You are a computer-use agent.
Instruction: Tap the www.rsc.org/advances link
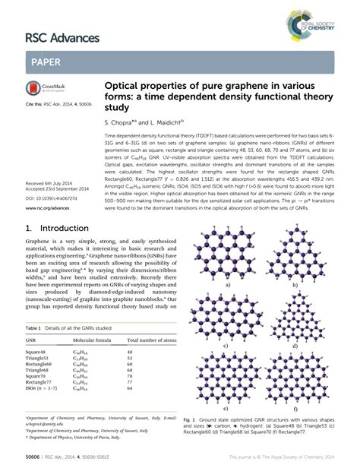point(49,205)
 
